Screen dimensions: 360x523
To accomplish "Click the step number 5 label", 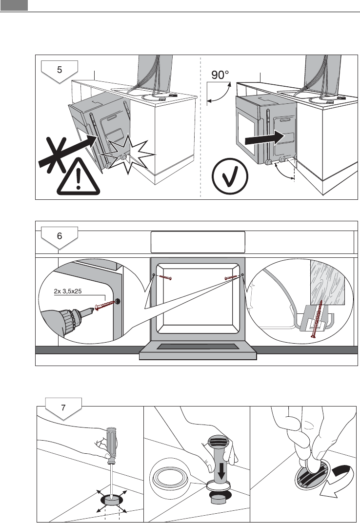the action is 59,69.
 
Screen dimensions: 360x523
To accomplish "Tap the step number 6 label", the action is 59,235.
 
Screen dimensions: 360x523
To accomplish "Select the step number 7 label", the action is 63,406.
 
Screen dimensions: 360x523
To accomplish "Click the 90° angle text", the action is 220,75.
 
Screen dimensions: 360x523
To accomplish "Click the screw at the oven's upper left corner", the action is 165,278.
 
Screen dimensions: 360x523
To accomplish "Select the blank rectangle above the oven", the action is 198,242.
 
